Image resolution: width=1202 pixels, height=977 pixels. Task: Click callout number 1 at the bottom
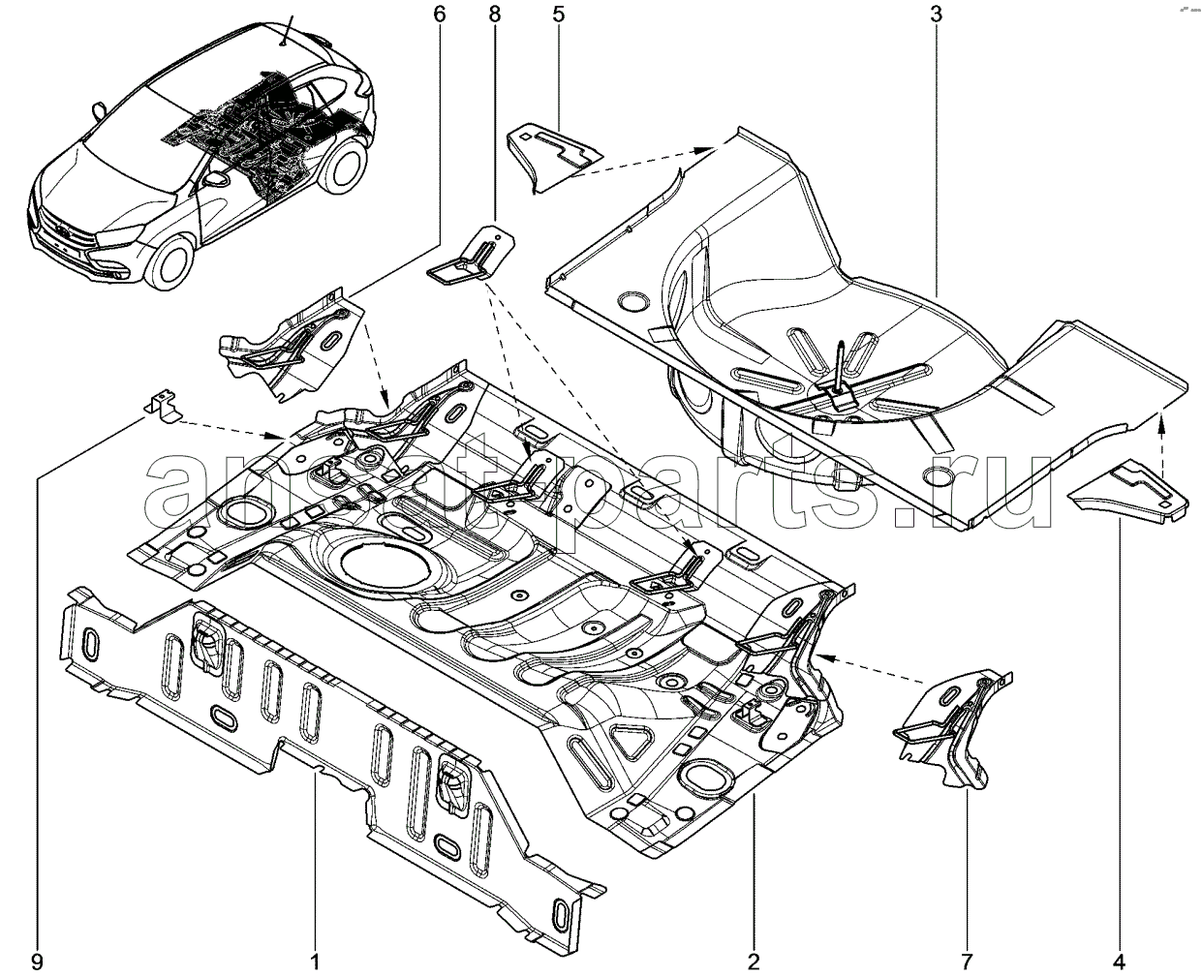click(x=315, y=962)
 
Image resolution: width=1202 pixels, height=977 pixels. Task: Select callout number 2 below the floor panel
click(x=754, y=962)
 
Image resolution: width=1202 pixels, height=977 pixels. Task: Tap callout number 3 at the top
click(x=937, y=15)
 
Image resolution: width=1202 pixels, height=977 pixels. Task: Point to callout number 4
click(x=1120, y=962)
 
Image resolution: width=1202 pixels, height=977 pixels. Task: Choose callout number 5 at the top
click(x=559, y=15)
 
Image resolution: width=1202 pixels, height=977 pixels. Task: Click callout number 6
click(x=439, y=15)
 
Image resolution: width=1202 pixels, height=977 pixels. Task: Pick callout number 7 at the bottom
click(x=967, y=962)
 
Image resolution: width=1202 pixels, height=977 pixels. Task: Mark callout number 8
click(x=496, y=15)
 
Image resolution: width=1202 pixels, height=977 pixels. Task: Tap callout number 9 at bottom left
click(x=37, y=962)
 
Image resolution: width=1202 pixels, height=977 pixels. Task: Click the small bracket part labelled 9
click(x=163, y=407)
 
